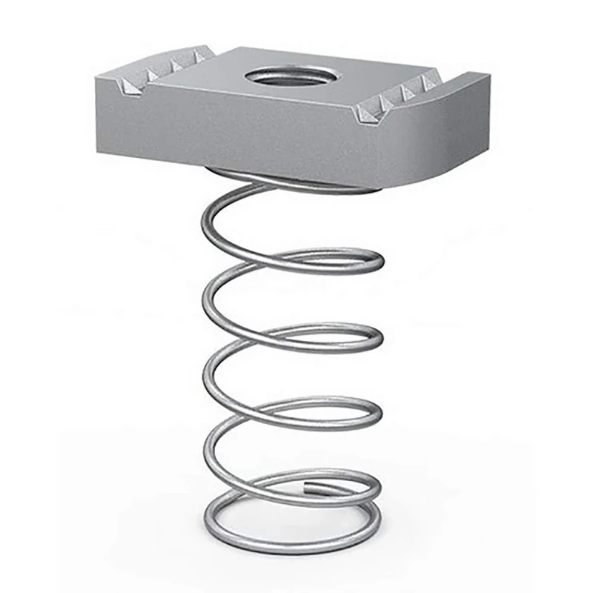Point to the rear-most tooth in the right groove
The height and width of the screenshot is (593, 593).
click(x=428, y=81)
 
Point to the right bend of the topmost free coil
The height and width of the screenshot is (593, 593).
click(x=380, y=261)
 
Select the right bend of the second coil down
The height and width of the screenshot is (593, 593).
click(x=380, y=338)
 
